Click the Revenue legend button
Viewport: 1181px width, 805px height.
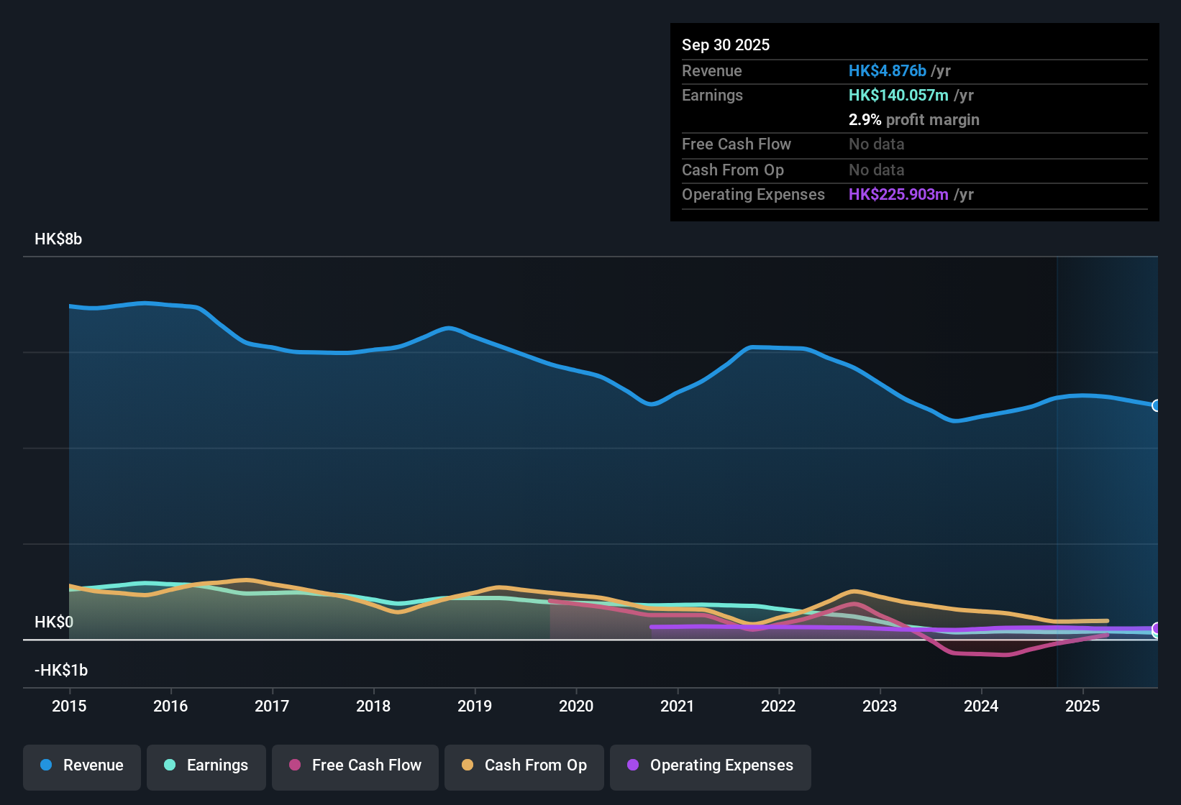[82, 765]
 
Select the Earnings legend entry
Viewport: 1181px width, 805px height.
[206, 765]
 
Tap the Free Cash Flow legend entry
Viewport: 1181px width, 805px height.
[355, 765]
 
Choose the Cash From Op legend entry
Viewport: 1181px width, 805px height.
[524, 765]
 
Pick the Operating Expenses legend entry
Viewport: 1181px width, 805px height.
[711, 765]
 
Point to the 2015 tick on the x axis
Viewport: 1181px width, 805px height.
[69, 706]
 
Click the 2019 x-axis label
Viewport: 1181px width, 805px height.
[475, 706]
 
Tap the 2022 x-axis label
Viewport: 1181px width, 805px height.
[778, 706]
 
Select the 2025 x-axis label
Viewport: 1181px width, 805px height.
[1082, 706]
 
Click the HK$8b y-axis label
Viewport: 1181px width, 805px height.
[58, 239]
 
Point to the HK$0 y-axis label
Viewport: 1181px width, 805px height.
[54, 622]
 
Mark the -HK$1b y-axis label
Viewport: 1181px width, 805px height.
[61, 671]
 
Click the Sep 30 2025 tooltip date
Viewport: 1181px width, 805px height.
[726, 45]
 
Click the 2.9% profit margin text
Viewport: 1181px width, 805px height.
[913, 120]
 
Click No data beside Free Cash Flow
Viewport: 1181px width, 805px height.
[876, 144]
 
